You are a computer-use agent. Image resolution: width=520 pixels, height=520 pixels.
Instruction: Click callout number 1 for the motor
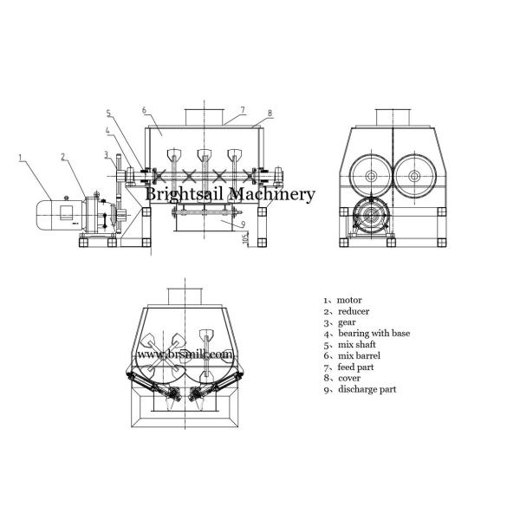click(20, 158)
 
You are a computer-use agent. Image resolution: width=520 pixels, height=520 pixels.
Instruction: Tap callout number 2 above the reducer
click(63, 157)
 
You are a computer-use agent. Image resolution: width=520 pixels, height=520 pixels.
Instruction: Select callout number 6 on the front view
click(144, 110)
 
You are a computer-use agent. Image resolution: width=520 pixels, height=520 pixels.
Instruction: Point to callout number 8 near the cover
click(270, 113)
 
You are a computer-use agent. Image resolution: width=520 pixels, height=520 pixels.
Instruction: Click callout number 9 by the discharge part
click(243, 224)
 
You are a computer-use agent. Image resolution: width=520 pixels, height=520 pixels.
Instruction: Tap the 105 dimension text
click(246, 238)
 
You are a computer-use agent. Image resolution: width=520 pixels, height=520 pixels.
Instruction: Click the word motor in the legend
click(349, 300)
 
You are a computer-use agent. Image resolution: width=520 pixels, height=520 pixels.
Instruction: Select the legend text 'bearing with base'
click(374, 334)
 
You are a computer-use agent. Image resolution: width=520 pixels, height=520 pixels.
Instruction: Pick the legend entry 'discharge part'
click(367, 389)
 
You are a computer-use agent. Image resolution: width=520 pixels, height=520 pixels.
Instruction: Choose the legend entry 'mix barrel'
click(359, 356)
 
